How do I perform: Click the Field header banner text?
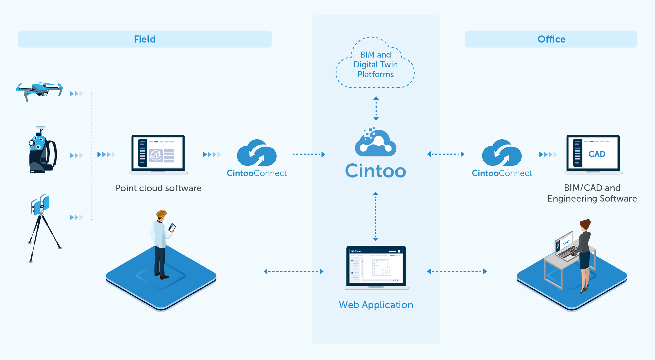[145, 39]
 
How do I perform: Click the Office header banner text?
[551, 39]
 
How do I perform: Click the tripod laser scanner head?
[40, 205]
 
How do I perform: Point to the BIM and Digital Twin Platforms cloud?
[376, 65]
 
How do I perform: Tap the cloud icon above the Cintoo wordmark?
[376, 143]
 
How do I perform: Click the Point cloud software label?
[158, 188]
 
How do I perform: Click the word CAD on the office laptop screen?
[597, 154]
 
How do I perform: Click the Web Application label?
[376, 305]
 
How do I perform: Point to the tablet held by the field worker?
[172, 227]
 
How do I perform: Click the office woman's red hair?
[585, 224]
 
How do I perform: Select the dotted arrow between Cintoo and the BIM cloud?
[376, 108]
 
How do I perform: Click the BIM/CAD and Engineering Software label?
[592, 193]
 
